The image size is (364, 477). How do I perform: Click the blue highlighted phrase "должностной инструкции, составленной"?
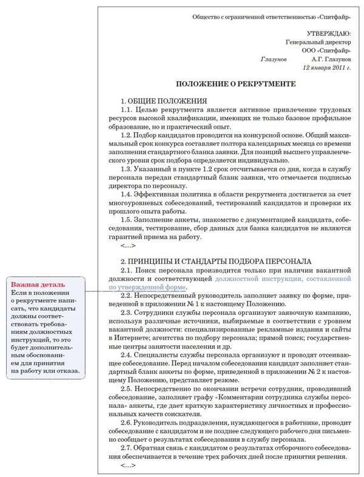coord(283,277)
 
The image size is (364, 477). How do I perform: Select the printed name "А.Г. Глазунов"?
coord(331,60)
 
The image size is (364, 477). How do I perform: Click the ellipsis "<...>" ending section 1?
coord(127,246)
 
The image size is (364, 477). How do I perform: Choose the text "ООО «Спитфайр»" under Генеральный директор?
coord(326,51)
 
